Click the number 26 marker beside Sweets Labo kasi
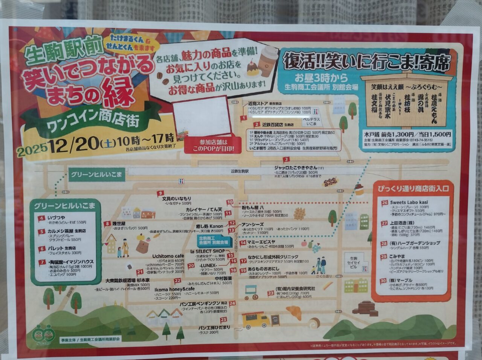tap(384, 203)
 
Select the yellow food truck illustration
tap(256, 321)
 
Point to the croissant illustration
tap(297, 312)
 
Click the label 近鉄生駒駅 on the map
tap(239, 171)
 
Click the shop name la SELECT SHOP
tap(207, 251)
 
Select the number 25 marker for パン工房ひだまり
tap(224, 320)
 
